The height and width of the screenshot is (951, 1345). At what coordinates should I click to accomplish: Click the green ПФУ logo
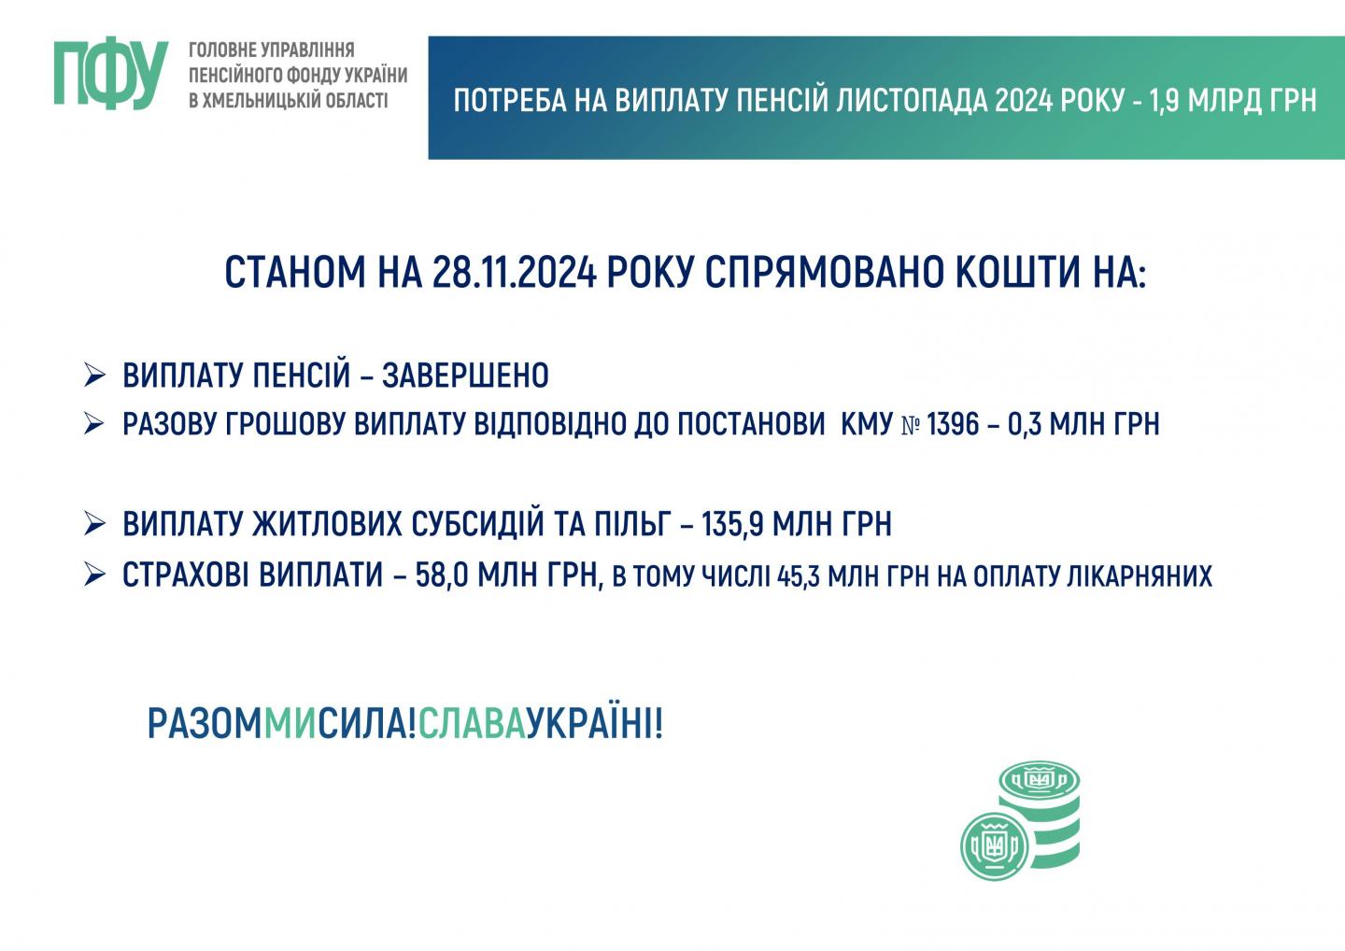[x=111, y=75]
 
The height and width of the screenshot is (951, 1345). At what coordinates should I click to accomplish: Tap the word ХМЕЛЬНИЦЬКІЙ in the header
[x=262, y=100]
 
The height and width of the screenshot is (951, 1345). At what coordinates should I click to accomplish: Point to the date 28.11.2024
[x=515, y=272]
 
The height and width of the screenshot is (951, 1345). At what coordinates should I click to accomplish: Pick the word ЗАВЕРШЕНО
[x=465, y=376]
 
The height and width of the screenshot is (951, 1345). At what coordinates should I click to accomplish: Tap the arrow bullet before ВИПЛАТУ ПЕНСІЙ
[x=95, y=376]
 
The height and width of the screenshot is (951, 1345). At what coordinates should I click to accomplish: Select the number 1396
[x=954, y=424]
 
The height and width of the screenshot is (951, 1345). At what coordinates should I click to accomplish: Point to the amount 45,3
[x=799, y=576]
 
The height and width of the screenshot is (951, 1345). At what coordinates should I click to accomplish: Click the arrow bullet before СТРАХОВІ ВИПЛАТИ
[x=95, y=575]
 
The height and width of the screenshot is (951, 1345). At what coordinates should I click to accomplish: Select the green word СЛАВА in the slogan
[x=472, y=723]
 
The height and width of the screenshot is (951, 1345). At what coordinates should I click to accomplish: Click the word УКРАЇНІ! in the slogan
[x=594, y=723]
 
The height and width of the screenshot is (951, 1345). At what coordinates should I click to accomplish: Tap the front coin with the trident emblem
[x=995, y=846]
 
